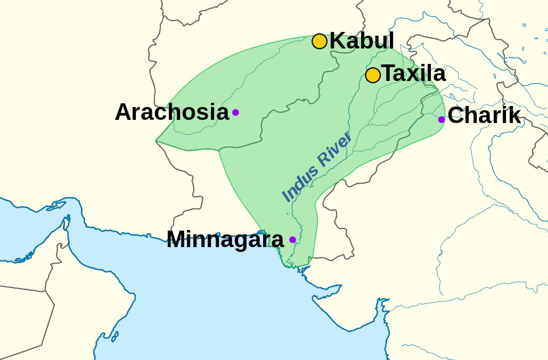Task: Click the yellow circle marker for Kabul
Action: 319,41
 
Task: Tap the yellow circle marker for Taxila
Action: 373,75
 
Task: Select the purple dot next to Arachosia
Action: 235,112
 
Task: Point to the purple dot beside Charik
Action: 441,119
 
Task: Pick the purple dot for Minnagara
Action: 292,240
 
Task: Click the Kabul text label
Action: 362,41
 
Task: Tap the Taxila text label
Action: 414,74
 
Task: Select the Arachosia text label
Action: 171,112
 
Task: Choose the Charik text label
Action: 484,116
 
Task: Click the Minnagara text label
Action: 225,240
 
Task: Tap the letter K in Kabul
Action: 337,41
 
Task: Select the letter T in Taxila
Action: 388,74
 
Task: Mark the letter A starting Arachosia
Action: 123,112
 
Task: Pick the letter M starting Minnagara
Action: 177,240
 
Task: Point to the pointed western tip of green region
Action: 157,141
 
